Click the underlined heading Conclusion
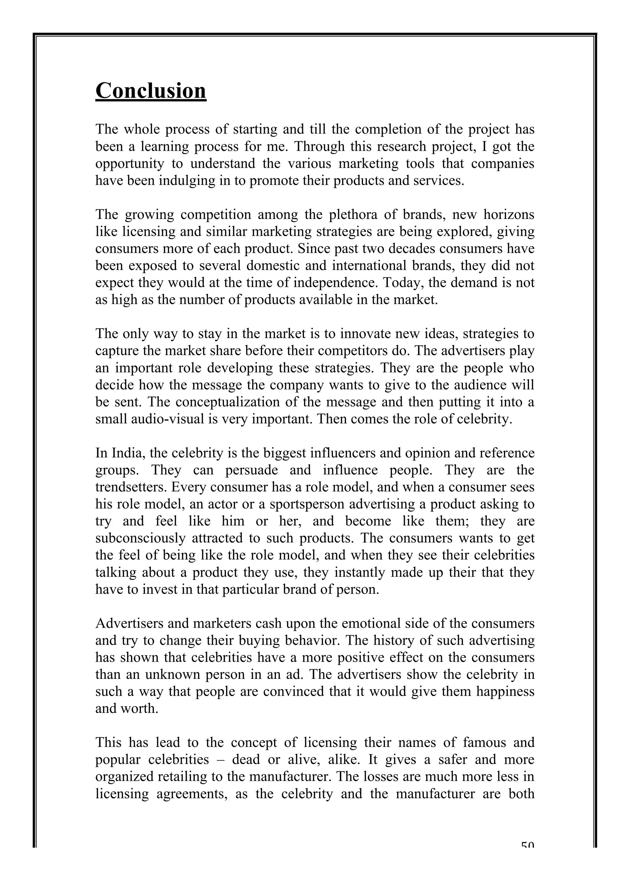pyautogui.click(x=151, y=91)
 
